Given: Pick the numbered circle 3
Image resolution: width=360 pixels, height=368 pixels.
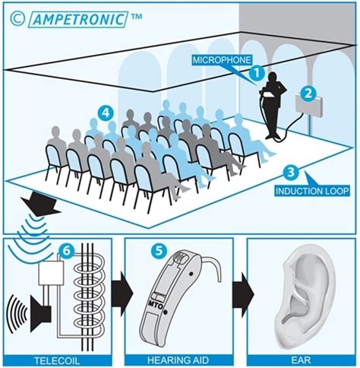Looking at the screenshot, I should pyautogui.click(x=287, y=172).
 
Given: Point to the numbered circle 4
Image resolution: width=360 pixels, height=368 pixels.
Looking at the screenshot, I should pyautogui.click(x=106, y=111).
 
